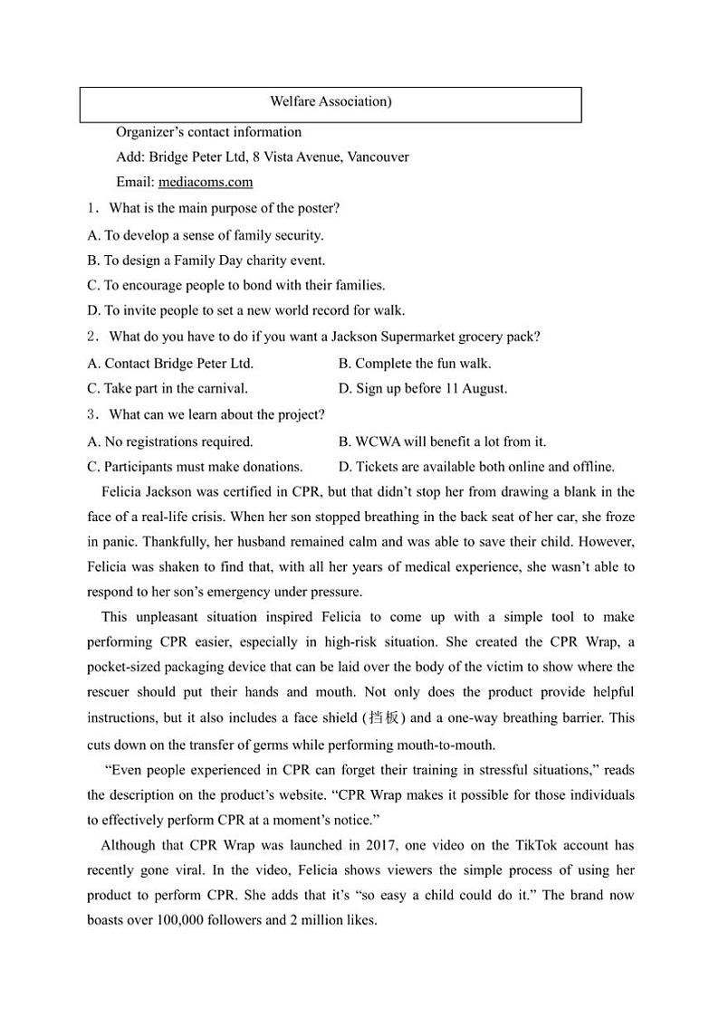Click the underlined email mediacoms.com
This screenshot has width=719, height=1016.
(206, 182)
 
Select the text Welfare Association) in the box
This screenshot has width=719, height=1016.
(331, 101)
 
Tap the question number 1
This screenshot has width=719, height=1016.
(91, 208)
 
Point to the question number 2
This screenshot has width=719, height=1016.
(91, 337)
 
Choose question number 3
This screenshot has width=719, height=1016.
(91, 414)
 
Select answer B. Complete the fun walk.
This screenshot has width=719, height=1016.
(415, 364)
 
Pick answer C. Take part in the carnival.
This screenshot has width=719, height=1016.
(168, 389)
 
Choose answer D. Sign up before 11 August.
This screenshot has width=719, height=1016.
(422, 389)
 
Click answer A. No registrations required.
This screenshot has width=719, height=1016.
(170, 442)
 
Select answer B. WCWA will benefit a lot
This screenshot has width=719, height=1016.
(442, 442)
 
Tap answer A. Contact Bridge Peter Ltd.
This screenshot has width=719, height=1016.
(170, 364)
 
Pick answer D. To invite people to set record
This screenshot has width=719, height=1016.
(246, 310)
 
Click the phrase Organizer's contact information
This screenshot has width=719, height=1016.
(208, 131)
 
